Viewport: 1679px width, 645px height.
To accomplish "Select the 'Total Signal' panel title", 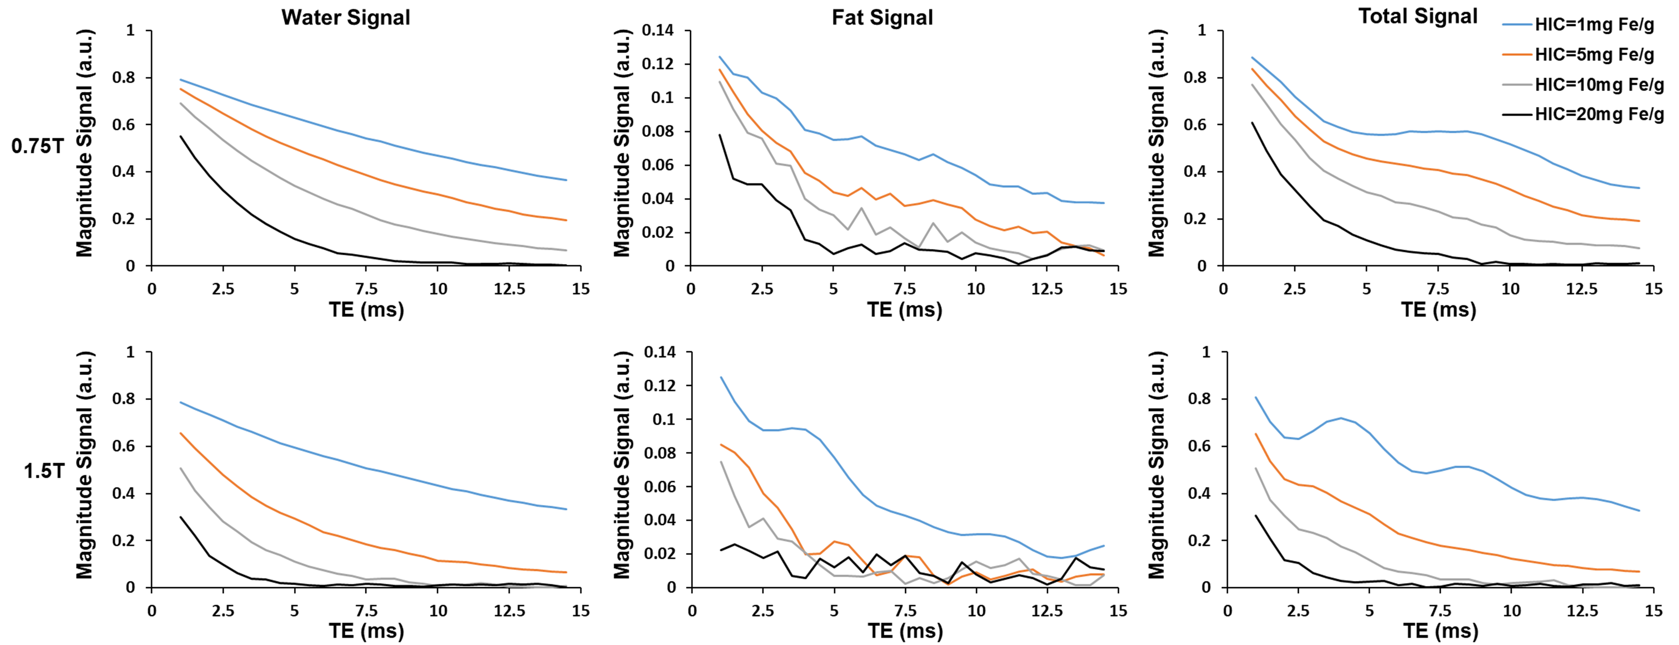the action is [1417, 16].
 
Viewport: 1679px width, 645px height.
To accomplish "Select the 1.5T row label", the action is [44, 470].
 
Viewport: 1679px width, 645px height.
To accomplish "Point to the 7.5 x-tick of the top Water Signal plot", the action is [366, 288].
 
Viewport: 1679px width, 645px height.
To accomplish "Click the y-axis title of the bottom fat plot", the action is [623, 465].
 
